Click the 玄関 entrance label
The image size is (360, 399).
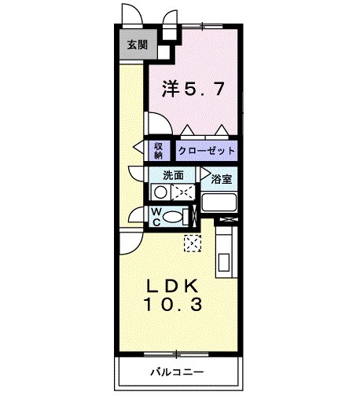point(137,45)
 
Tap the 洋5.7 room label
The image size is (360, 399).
point(195,88)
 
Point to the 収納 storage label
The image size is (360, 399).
point(158,148)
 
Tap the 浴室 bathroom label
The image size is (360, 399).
point(222,178)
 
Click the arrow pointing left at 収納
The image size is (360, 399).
point(138,146)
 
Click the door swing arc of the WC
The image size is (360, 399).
point(136,216)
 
